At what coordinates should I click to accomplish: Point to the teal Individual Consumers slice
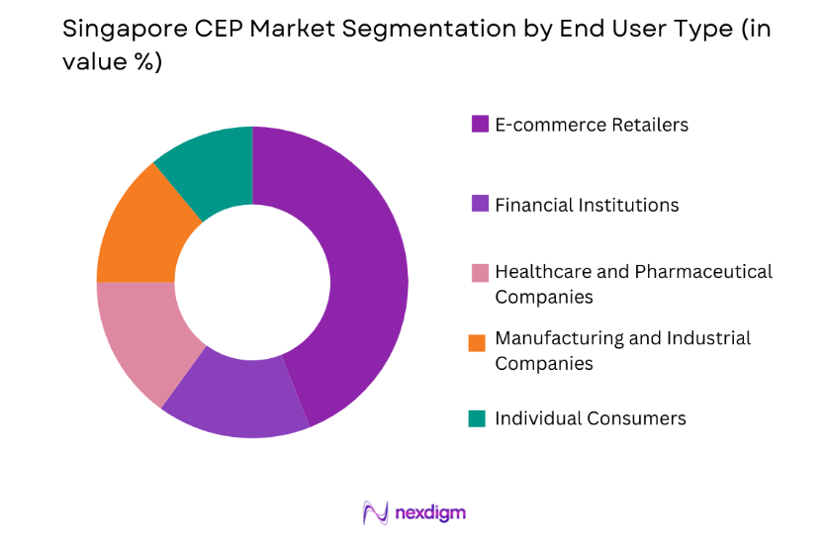pos(211,166)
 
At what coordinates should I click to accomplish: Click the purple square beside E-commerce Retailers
pos(479,125)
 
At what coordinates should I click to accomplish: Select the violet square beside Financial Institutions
pos(479,205)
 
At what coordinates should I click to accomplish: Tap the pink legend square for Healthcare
pos(479,272)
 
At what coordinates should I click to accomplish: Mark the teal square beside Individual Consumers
pos(479,418)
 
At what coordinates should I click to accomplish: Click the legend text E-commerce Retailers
pos(592,125)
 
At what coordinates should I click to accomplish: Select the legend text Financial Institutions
pos(587,205)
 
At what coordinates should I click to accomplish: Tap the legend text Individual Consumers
pos(591,418)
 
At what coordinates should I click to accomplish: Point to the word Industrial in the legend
pos(695,338)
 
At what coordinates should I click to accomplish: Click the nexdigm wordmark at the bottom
pos(430,512)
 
